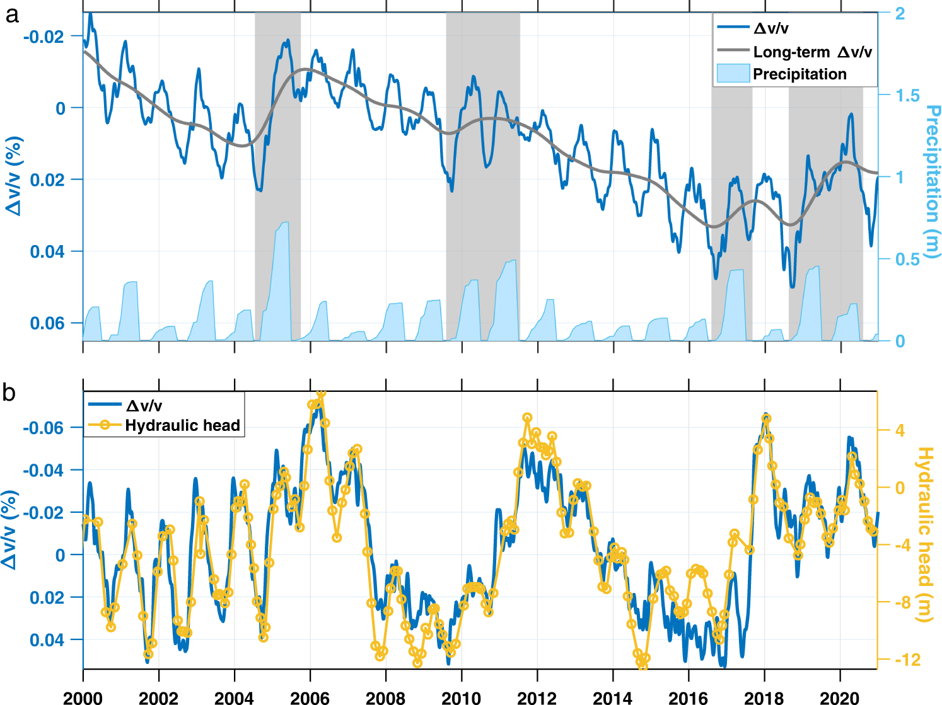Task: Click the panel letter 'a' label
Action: [11, 15]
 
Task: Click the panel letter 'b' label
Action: [9, 393]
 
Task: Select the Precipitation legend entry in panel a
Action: [799, 74]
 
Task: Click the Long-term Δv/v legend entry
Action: [812, 52]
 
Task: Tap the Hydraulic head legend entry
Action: [182, 425]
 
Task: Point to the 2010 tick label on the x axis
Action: [462, 697]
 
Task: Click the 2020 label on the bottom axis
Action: [840, 697]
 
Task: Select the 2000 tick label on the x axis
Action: [83, 697]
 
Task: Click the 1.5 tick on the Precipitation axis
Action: [908, 96]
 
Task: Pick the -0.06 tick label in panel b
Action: [43, 428]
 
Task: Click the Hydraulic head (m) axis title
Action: [924, 534]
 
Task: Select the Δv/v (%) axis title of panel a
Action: [14, 176]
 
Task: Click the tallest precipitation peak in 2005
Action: [284, 223]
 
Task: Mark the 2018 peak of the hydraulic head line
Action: [766, 418]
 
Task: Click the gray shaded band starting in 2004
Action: [277, 176]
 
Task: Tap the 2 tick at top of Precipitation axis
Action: [900, 14]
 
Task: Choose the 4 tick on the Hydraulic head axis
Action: [900, 430]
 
